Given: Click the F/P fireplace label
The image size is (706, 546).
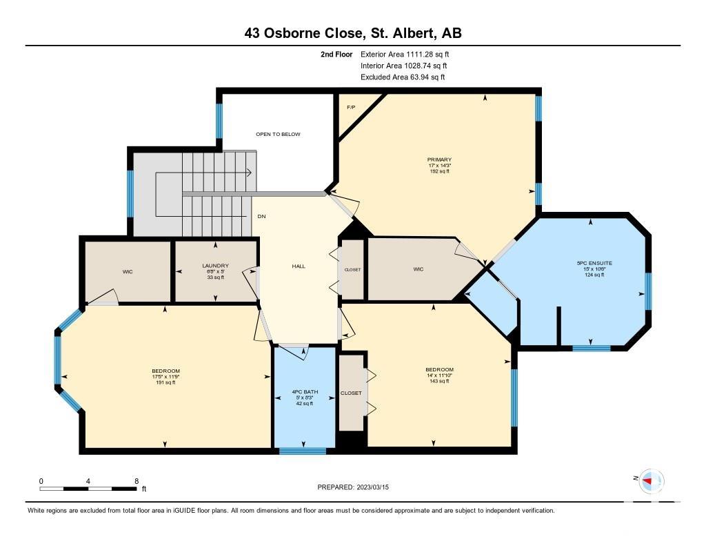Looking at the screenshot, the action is (x=351, y=107).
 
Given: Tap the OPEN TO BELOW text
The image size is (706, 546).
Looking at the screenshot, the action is (x=278, y=135).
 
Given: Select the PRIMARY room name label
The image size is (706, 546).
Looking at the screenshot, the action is (x=439, y=159).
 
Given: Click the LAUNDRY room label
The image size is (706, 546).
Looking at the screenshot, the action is (x=215, y=266).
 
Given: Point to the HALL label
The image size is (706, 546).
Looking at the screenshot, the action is (x=299, y=266).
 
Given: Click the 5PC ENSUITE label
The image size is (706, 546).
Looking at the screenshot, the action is (x=594, y=263).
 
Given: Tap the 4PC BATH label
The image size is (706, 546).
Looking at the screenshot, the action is (x=304, y=392).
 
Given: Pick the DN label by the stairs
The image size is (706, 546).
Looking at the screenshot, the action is (x=261, y=217).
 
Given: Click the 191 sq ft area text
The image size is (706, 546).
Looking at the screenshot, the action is (x=165, y=382).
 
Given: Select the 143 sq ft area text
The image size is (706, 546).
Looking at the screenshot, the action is (x=439, y=381).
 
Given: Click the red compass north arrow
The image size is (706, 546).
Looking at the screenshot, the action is (x=647, y=481).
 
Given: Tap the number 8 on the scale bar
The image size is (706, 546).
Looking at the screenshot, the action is (x=137, y=481).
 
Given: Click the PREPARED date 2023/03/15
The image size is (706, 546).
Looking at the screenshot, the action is (x=372, y=487).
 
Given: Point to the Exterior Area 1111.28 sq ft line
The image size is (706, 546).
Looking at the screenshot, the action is (x=405, y=55).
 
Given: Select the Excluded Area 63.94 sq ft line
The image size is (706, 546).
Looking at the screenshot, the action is (x=403, y=77).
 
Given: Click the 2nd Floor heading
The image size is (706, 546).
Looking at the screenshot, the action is (x=336, y=55).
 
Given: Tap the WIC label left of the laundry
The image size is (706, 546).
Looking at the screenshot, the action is (x=128, y=272).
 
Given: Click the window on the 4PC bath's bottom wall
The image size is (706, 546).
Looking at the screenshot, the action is (x=303, y=451).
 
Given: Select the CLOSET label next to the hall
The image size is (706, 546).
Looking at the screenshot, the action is (x=352, y=270).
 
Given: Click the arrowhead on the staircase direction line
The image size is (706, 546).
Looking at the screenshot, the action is (x=249, y=173).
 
